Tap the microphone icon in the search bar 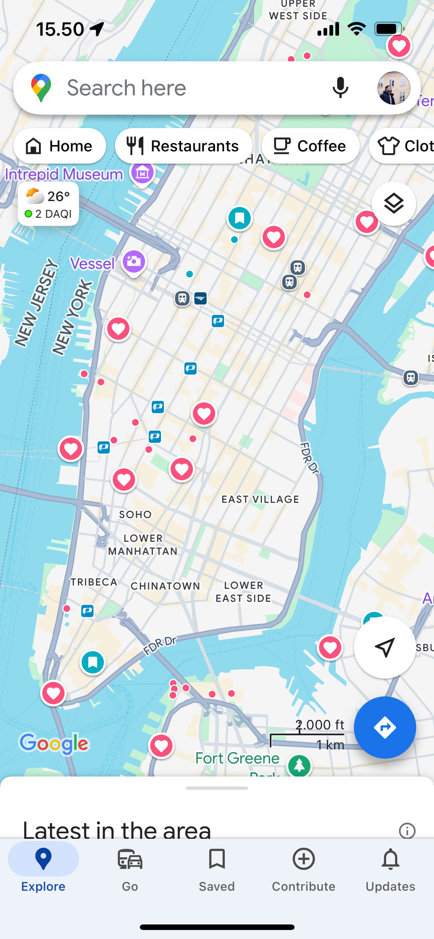coord(340,88)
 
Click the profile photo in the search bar coord(393,88)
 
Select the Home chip coord(60,146)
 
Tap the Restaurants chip coord(184,146)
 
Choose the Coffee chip coord(311,146)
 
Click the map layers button coord(394,204)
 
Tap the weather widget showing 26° coord(48,204)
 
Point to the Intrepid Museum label coord(64,174)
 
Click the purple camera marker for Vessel coord(134,262)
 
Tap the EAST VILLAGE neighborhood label coord(260,499)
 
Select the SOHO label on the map coord(135,515)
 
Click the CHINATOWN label coord(165,586)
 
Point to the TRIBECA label coord(94,582)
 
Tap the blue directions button coord(385,728)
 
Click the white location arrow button coord(385,648)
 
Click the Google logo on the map coord(54,743)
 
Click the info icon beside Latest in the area coord(407,831)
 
